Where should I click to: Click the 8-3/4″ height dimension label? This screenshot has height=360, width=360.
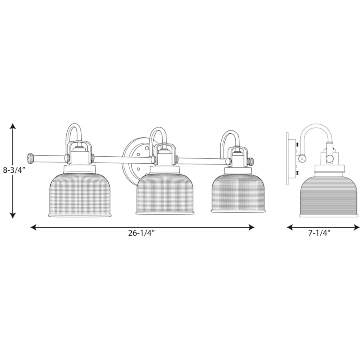13,170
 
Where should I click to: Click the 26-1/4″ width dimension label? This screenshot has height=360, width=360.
142,233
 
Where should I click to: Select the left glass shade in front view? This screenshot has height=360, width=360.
80,195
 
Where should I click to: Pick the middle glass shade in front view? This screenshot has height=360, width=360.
165,194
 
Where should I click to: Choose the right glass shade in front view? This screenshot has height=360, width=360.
238,192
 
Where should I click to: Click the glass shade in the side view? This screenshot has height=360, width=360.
329,196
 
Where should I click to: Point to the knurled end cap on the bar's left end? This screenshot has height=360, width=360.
30,158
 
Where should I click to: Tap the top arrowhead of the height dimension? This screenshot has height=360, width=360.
13,126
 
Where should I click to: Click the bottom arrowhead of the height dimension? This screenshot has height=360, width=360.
13,215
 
